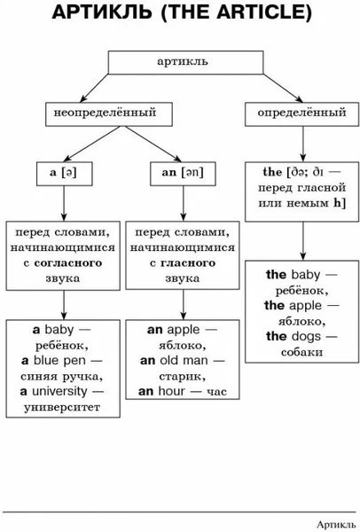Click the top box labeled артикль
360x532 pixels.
click(185, 62)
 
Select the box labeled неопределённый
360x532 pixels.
click(109, 114)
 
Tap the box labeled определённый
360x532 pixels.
click(302, 114)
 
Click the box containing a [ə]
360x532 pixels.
click(64, 174)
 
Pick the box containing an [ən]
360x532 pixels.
click(183, 174)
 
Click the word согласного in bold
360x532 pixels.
click(68, 263)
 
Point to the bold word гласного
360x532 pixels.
click(188, 263)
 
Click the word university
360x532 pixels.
click(59, 392)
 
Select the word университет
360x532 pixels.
click(62, 407)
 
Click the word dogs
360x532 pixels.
click(306, 336)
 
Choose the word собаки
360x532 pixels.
click(301, 352)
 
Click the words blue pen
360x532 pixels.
click(59, 361)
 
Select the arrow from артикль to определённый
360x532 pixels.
click(283, 88)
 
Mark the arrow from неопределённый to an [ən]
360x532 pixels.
click(153, 144)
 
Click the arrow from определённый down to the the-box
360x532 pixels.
click(303, 144)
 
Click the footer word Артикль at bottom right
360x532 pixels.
click(336, 524)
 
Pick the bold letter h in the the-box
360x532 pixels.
click(337, 203)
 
